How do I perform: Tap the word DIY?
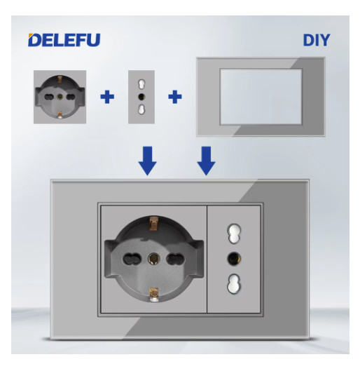click(x=316, y=40)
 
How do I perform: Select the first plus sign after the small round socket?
click(x=106, y=95)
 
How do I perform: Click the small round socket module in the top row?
click(x=60, y=95)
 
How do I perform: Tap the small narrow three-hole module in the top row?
click(x=141, y=95)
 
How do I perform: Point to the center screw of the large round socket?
click(x=153, y=258)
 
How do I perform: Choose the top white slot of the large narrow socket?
click(x=233, y=231)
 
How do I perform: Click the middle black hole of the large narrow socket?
click(x=233, y=257)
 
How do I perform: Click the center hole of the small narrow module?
click(x=141, y=96)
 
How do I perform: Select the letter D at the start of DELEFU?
click(x=34, y=40)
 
